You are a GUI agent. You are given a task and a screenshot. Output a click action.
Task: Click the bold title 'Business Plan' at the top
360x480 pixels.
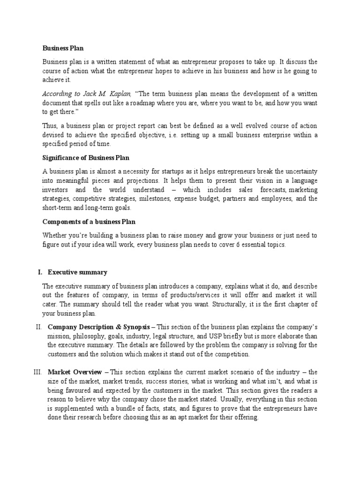tap(63, 48)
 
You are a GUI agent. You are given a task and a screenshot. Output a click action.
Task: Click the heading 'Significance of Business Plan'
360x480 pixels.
tap(86, 157)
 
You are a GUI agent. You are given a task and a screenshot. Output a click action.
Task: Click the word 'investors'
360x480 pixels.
tap(55, 190)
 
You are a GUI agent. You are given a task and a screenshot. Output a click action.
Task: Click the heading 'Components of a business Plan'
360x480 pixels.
tap(89, 222)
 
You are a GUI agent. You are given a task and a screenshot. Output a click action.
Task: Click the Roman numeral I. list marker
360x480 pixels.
tap(39, 272)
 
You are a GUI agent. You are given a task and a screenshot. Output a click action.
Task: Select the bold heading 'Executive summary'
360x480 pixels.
tap(77, 272)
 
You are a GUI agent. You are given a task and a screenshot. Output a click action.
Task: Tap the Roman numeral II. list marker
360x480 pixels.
tap(38, 327)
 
